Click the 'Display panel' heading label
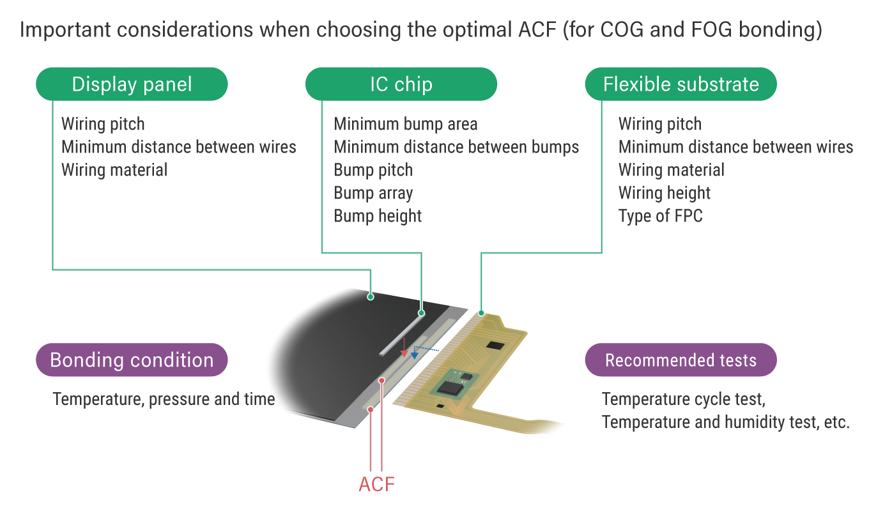(x=132, y=84)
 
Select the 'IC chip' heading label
(x=401, y=84)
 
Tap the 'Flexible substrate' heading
(x=681, y=84)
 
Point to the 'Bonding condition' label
(x=132, y=360)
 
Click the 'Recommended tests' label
(x=681, y=360)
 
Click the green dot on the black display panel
(x=371, y=297)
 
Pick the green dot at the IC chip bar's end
(x=421, y=313)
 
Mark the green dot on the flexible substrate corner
(x=481, y=313)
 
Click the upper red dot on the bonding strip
(x=381, y=381)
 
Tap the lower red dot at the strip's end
(x=371, y=409)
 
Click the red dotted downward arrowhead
(x=404, y=353)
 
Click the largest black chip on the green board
(x=455, y=387)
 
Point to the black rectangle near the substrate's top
(x=495, y=346)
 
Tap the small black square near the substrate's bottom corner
(x=440, y=406)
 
